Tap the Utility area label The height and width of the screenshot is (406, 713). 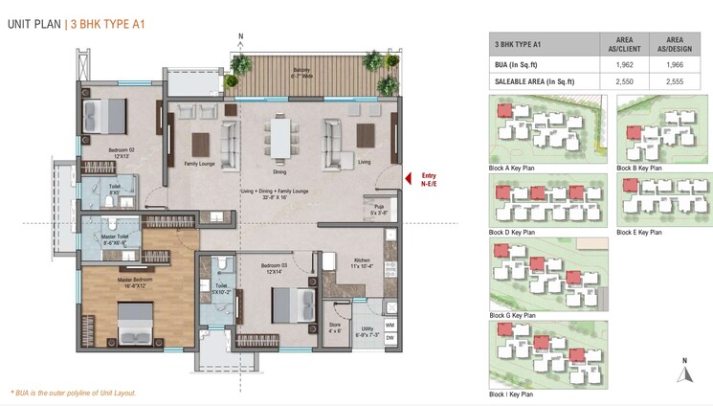(x=367, y=332)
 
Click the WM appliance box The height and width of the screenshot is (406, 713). (x=390, y=326)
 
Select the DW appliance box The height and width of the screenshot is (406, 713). (x=390, y=338)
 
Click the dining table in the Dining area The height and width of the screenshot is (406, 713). (x=279, y=138)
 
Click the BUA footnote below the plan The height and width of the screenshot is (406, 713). (x=74, y=393)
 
